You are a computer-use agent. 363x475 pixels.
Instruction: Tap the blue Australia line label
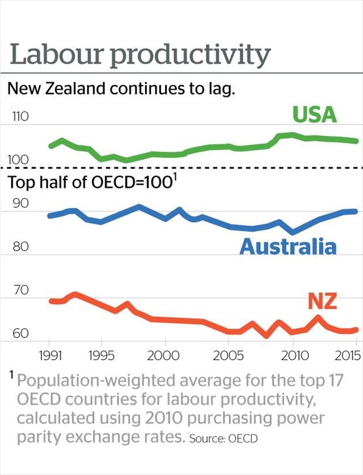pos(288,247)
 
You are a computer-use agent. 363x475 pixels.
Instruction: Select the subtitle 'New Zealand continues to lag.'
pos(120,89)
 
